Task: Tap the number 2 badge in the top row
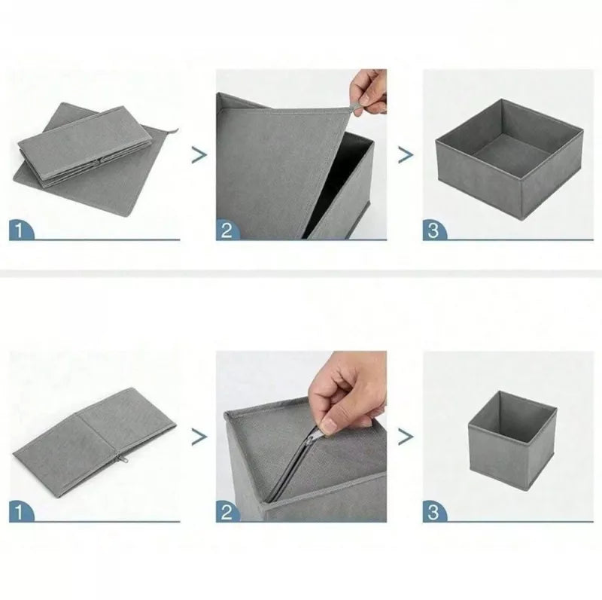pos(228,230)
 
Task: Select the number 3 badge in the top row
pos(435,230)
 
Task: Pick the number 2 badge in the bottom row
pos(228,512)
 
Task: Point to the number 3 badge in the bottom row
pos(435,512)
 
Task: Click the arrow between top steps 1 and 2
pos(199,155)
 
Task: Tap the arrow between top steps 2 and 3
pos(406,155)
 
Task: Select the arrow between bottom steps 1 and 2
pos(199,437)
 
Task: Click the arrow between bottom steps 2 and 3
pos(406,437)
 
